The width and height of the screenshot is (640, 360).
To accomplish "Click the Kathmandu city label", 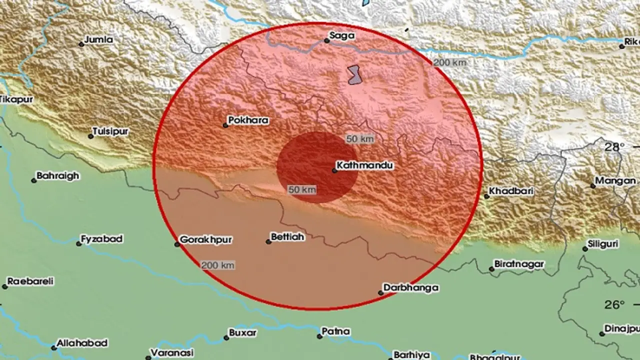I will pos(364,165).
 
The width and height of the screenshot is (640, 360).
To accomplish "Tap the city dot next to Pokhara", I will pos(225,125).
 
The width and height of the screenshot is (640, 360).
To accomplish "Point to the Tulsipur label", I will pos(110,131).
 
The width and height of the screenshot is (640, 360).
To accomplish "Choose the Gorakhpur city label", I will pos(205,239).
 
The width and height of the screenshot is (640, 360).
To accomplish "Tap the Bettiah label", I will pos(287,237).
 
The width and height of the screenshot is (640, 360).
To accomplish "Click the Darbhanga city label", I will pos(410,287).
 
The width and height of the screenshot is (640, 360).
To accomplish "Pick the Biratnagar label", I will pos(518,263).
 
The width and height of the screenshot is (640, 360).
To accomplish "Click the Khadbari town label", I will pos(511,191).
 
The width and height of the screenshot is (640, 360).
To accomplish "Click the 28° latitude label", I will pos(614,147).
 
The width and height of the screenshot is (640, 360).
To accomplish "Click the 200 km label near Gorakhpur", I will pos(218,265).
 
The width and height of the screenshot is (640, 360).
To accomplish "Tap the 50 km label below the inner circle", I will pos(302,190).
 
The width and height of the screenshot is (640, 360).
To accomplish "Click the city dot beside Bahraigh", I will pos(34,180).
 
